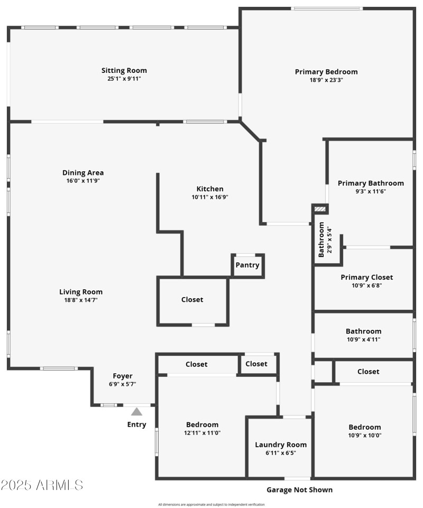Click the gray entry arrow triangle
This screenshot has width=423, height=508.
click(137, 411)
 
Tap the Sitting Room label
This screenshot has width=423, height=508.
click(124, 70)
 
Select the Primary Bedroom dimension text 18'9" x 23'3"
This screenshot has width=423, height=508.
click(326, 80)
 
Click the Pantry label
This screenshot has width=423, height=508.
click(247, 265)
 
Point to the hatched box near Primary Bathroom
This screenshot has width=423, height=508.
click(320, 209)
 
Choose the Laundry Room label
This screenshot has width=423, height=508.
click(281, 445)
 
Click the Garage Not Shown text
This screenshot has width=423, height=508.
click(299, 490)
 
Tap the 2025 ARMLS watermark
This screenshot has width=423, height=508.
click(42, 485)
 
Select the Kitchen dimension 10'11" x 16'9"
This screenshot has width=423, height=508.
click(210, 197)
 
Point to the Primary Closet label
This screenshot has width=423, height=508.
click(367, 277)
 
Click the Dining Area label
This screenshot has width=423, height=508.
click(83, 172)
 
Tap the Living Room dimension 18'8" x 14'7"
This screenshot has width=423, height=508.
click(81, 300)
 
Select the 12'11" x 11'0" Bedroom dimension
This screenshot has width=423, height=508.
click(202, 433)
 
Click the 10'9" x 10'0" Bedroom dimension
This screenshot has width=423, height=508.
click(364, 436)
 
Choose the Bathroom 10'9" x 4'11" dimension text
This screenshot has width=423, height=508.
click(364, 339)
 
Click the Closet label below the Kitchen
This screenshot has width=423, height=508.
click(192, 299)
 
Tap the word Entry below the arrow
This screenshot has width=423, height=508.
click(136, 424)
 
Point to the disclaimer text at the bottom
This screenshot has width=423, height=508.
click(212, 504)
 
